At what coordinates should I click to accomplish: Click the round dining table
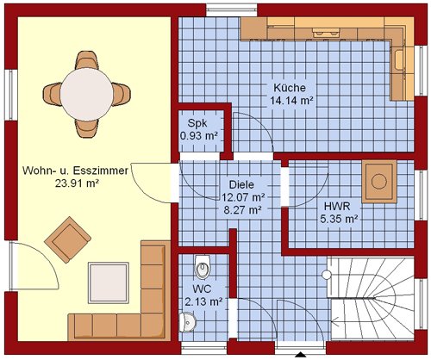pyautogui.click(x=87, y=94)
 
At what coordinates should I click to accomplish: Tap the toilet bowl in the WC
pyautogui.click(x=203, y=266)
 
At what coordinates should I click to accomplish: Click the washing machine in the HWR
pyautogui.click(x=379, y=182)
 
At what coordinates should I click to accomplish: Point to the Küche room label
pyautogui.click(x=290, y=88)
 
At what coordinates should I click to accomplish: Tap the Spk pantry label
pyautogui.click(x=197, y=123)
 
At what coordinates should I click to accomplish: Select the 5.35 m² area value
pyautogui.click(x=339, y=219)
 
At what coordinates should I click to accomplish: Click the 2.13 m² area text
pyautogui.click(x=203, y=301)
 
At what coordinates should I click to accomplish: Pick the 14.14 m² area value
pyautogui.click(x=291, y=101)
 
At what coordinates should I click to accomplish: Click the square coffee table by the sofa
pyautogui.click(x=109, y=282)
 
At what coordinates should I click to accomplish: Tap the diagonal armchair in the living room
pyautogui.click(x=68, y=239)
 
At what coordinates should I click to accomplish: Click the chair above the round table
pyautogui.click(x=87, y=60)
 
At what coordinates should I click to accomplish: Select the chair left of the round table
pyautogui.click(x=53, y=94)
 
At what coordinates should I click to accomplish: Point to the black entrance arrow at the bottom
pyautogui.click(x=301, y=355)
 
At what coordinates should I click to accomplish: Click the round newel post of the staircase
pyautogui.click(x=327, y=275)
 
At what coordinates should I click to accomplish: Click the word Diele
pyautogui.click(x=241, y=184)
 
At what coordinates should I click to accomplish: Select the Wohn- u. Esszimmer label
pyautogui.click(x=75, y=171)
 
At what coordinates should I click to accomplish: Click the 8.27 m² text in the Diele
pyautogui.click(x=242, y=210)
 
